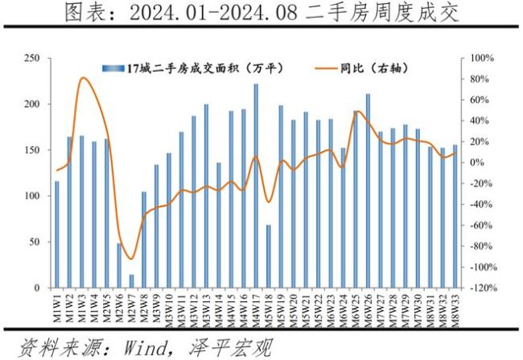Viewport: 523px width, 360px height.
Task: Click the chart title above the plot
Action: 261,14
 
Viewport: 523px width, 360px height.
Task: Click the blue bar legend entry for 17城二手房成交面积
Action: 193,69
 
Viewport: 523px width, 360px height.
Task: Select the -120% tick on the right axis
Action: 480,288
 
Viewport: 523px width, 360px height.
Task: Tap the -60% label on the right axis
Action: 479,226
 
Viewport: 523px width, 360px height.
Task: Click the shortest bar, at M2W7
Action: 131,281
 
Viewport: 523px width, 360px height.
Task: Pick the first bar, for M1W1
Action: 56,234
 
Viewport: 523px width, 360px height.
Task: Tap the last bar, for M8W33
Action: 455,217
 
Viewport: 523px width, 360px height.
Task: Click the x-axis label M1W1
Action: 57,306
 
